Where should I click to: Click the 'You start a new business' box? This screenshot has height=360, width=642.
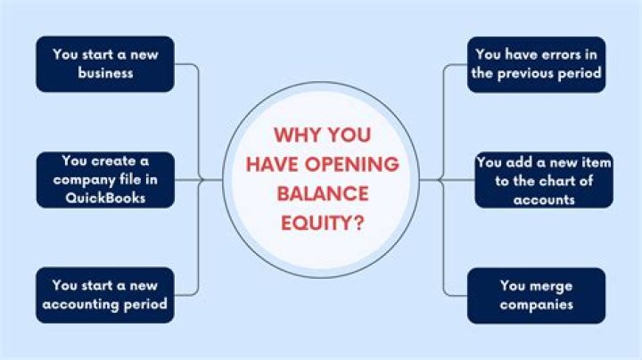(105, 63)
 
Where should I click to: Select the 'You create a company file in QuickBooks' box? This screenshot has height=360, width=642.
(105, 179)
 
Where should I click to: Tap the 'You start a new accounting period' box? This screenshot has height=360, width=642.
(105, 295)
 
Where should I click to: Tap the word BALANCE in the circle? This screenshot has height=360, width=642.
(321, 192)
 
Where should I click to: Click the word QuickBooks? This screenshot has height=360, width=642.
(105, 198)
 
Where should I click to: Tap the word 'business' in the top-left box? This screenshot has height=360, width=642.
(105, 73)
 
